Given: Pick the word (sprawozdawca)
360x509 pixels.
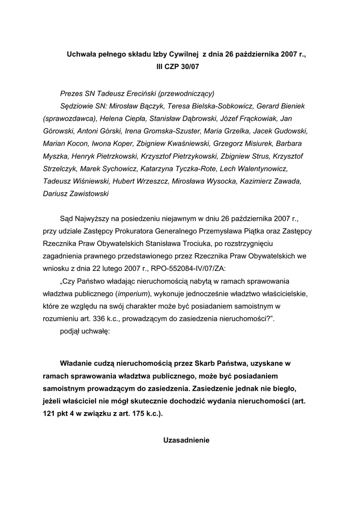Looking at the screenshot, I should tap(70, 119).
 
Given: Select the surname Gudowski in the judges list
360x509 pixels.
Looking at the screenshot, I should tap(292, 131).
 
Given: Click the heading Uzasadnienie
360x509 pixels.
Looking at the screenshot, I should tap(187, 439).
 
